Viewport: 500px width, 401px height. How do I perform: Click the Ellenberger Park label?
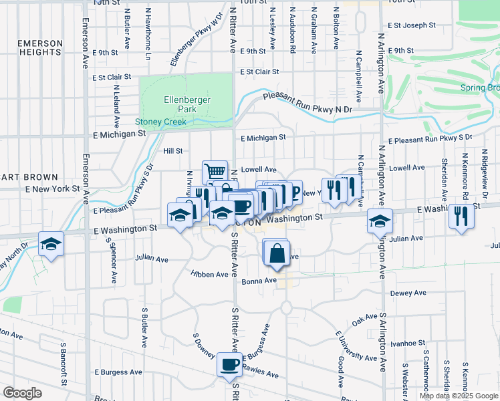coord(188,104)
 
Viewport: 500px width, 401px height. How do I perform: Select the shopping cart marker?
coord(215,172)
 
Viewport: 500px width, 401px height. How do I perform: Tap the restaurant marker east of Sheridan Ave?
coord(460,216)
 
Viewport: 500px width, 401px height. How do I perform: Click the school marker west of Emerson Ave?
coord(50,244)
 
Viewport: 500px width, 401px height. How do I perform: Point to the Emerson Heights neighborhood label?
coord(41,48)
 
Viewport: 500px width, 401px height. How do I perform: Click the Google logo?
coord(22,393)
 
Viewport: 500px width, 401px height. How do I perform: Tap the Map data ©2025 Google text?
coord(457,396)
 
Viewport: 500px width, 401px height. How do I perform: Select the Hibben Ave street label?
coord(209,274)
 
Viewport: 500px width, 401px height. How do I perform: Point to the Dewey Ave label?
coord(407,293)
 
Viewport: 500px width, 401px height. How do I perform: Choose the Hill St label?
coord(172,151)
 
